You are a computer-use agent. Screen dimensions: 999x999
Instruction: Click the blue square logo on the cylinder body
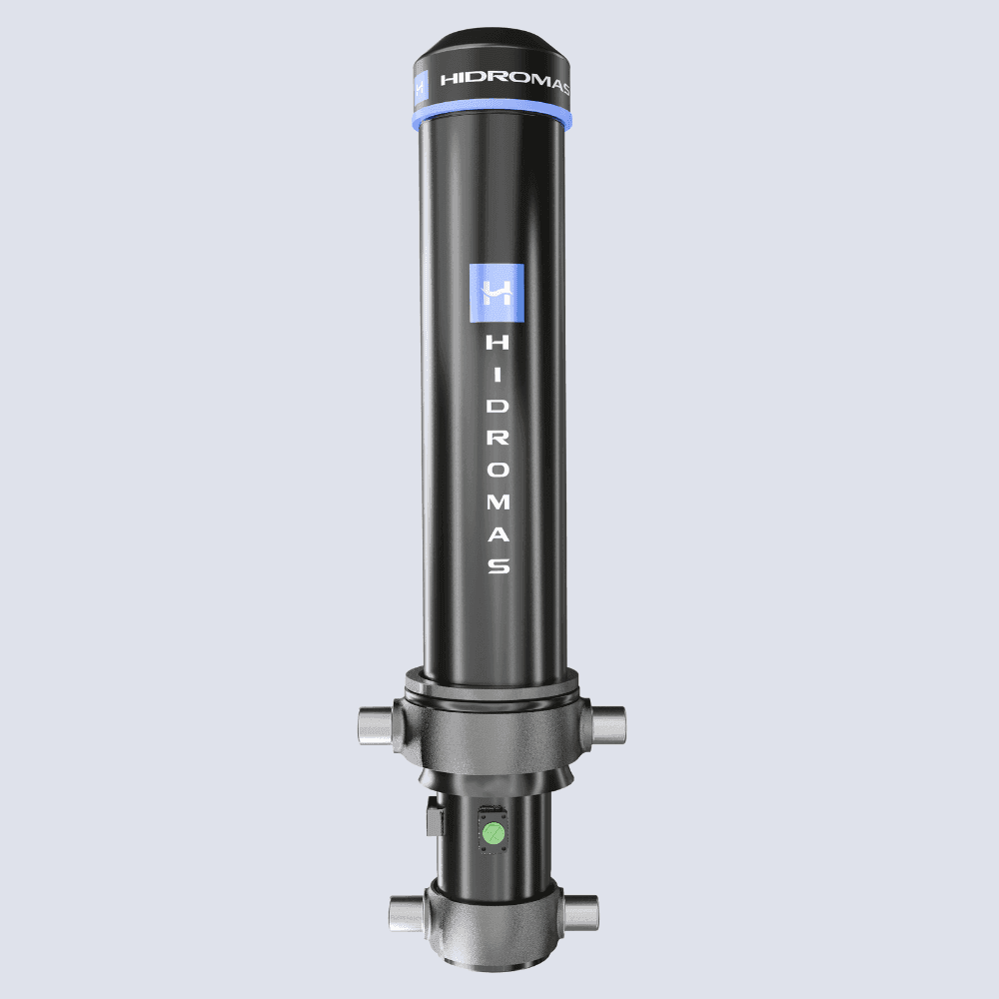[497, 293]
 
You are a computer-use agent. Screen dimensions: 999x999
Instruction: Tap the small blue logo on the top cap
[421, 87]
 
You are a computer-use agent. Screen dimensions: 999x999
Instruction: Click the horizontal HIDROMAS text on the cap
[504, 80]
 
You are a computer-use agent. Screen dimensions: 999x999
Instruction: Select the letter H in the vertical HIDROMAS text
[498, 343]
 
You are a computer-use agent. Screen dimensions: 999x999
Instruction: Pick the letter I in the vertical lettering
[498, 375]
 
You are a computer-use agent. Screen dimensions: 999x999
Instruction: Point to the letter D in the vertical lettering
[498, 407]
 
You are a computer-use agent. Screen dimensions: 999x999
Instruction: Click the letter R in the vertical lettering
[498, 439]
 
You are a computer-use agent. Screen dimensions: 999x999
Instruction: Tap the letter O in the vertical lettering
[498, 471]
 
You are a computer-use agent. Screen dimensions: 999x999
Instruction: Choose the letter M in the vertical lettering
[498, 502]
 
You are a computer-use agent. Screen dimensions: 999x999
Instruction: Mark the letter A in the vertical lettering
[498, 533]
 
